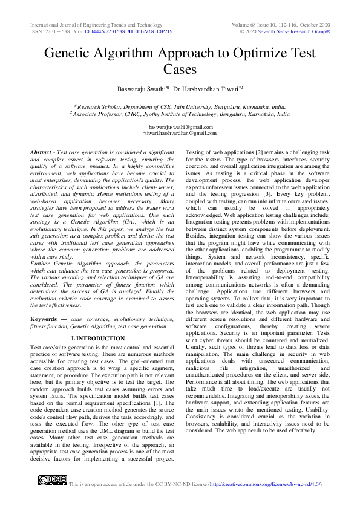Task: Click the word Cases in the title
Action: pyautogui.click(x=180, y=69)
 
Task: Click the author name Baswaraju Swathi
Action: pyautogui.click(x=143, y=88)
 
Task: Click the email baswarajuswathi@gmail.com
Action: pyautogui.click(x=180, y=127)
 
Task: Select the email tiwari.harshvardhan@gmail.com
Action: pyautogui.click(x=180, y=133)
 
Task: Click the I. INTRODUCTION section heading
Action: pyautogui.click(x=97, y=339)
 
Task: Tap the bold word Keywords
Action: pyautogui.click(x=44, y=318)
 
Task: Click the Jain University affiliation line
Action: pyautogui.click(x=180, y=105)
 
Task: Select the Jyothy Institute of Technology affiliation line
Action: pyautogui.click(x=180, y=113)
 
